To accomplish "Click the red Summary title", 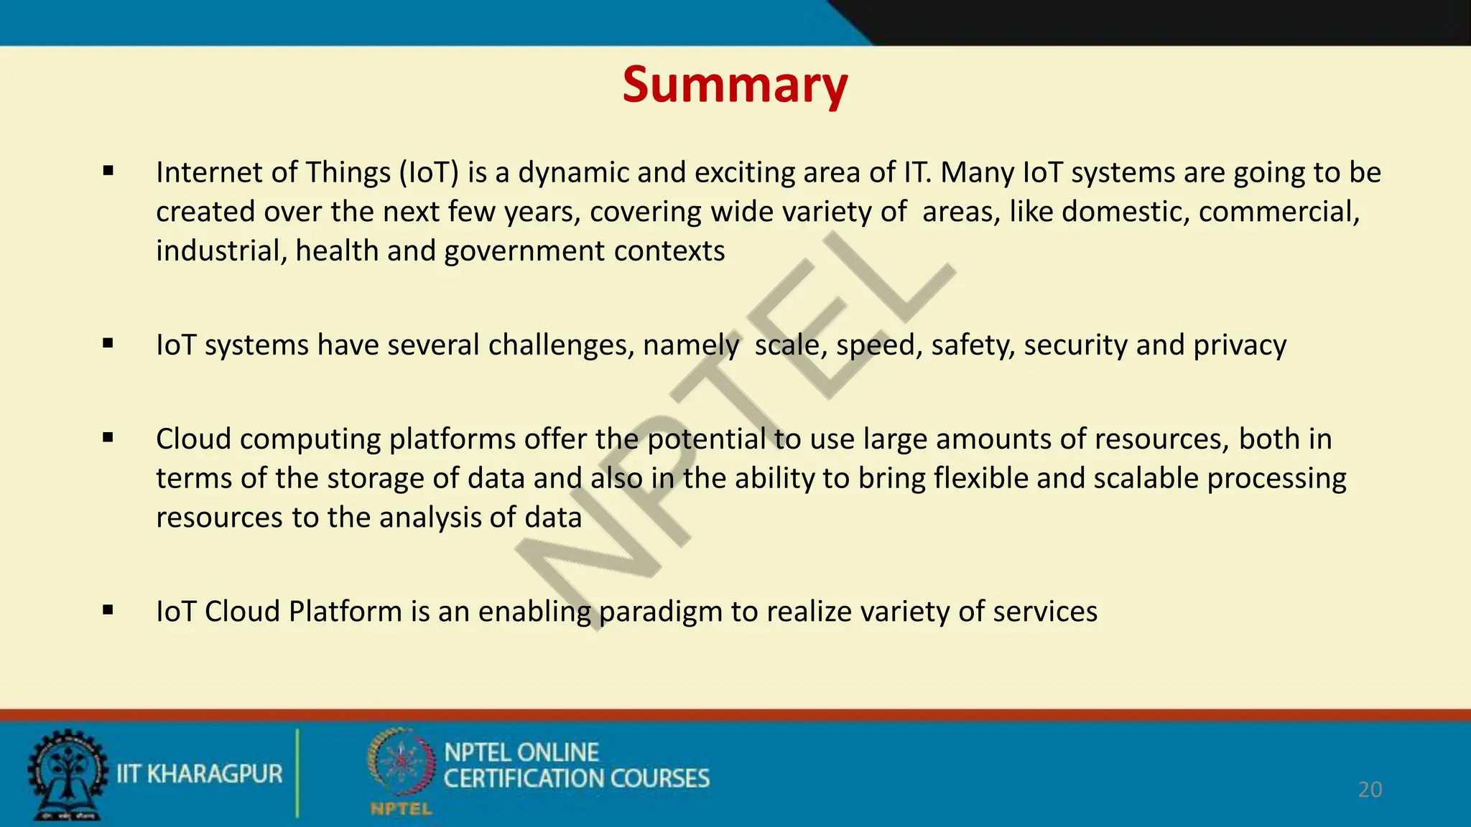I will click(x=735, y=85).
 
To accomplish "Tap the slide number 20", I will click(x=1370, y=790).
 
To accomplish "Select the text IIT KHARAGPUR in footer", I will click(x=199, y=774).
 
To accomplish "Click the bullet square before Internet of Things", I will click(x=108, y=171).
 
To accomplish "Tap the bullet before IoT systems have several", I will click(x=108, y=343).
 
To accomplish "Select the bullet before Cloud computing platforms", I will click(x=108, y=437).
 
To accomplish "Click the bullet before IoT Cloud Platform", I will click(x=108, y=610).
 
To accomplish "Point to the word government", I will click(x=524, y=251).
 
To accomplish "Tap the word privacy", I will click(x=1240, y=345).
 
